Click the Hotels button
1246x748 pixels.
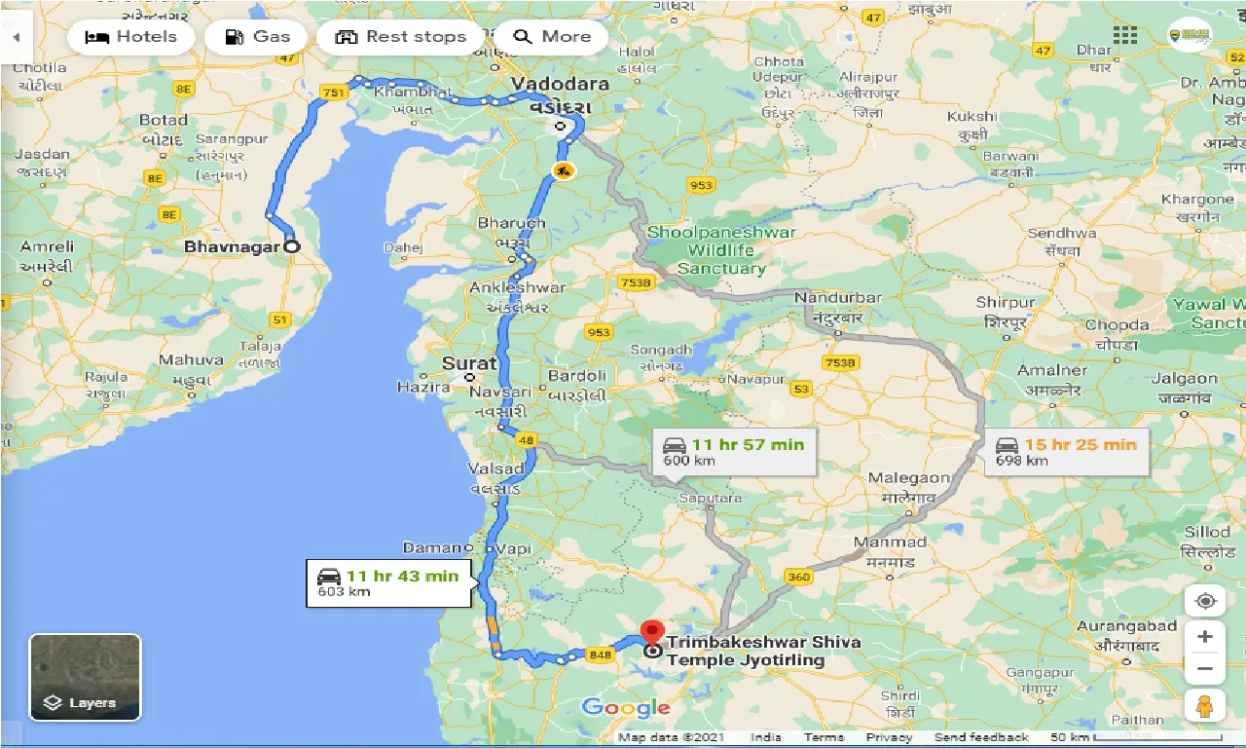[131, 37]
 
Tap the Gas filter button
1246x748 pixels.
[257, 37]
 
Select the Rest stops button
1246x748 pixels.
[400, 37]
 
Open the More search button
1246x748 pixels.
[552, 37]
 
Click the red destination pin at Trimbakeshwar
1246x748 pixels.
[651, 634]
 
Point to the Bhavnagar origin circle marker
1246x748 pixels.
[291, 247]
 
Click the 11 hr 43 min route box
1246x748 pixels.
[389, 582]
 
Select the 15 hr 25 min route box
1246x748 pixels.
[1066, 452]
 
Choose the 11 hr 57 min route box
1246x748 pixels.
[734, 452]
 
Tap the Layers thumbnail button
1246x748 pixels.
[86, 677]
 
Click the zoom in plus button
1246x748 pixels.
[1205, 637]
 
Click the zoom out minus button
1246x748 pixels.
[1205, 669]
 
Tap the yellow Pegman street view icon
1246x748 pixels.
[1205, 706]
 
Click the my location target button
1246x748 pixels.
[1205, 601]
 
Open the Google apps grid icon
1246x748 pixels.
[1125, 35]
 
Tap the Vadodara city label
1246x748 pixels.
[561, 84]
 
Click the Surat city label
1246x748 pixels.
[469, 363]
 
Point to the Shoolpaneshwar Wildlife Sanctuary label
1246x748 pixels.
[721, 250]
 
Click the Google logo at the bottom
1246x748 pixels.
[626, 708]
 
